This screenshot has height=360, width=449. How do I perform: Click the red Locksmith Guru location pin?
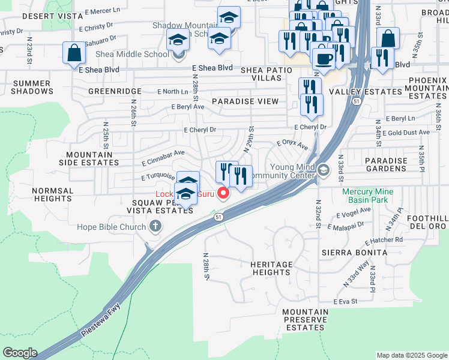pos(224,193)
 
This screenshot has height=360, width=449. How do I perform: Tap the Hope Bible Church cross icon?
pos(155,227)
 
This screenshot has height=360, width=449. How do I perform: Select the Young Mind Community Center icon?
pos(324,171)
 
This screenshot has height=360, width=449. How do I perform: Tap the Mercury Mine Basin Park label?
pos(368,196)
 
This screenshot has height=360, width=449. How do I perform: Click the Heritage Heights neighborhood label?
pos(271,268)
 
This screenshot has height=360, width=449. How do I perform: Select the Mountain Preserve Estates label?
pos(305,320)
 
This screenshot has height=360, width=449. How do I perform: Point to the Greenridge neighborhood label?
pos(115,91)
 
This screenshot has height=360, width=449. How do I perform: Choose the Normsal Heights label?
pos(53,194)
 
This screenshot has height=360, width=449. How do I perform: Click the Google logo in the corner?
pos(20,353)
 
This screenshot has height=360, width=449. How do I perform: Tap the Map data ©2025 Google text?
pos(411,355)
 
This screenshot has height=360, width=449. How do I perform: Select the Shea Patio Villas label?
pos(266,74)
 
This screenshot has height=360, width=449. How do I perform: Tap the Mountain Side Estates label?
pos(88,158)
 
